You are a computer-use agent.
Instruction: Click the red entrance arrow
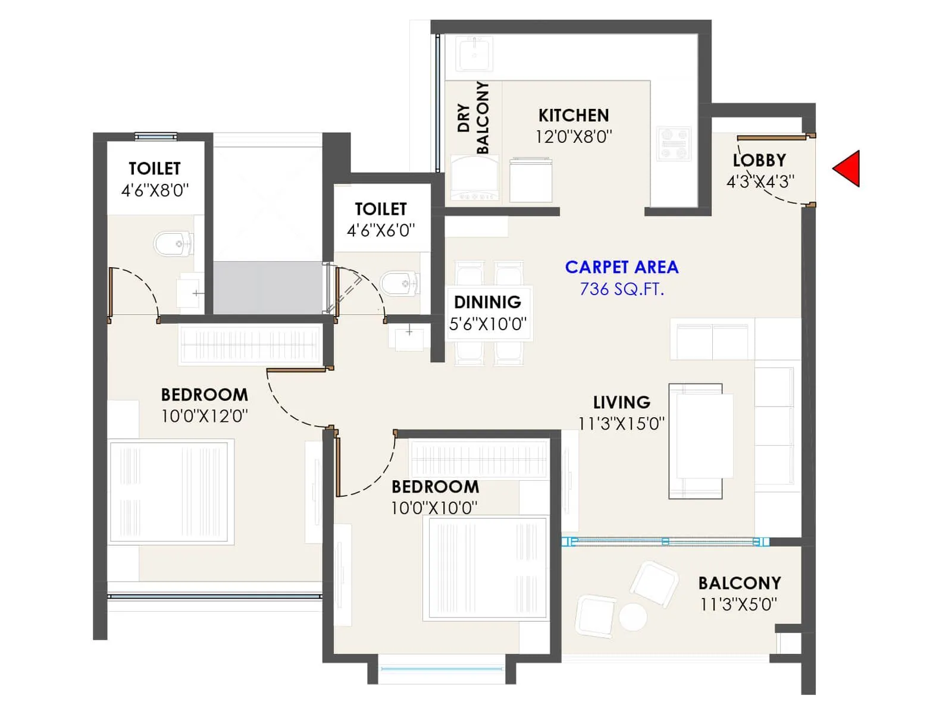pos(848,169)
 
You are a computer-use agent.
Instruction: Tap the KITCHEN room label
pos(574,115)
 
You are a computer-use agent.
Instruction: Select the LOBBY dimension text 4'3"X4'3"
pos(760,181)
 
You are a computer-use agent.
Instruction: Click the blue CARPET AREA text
pos(621,267)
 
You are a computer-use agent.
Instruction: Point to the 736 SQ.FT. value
pos(621,289)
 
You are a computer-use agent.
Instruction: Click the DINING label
pos(487,302)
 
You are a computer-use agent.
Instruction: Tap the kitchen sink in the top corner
pos(474,54)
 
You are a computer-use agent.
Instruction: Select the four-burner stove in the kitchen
pos(674,144)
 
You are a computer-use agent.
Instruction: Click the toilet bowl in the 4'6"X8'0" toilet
pos(173,243)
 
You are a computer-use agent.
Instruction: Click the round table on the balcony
pos(632,617)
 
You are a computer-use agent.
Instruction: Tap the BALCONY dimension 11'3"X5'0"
pos(738,605)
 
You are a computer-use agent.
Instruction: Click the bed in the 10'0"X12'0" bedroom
pos(171,491)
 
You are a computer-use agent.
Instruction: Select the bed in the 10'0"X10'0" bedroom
pos(487,568)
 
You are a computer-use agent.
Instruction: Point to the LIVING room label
pos(621,402)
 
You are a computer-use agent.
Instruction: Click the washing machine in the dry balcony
pos(474,178)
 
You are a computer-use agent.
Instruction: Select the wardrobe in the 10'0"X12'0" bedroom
pos(250,345)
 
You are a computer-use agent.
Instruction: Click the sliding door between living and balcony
pos(665,541)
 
